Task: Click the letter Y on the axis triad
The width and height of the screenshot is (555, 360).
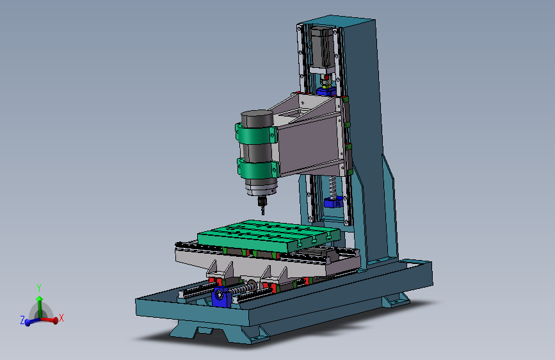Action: coord(39,288)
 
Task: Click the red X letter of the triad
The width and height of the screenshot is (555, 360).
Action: coord(61,318)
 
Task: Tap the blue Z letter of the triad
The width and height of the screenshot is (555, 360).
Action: coord(22,320)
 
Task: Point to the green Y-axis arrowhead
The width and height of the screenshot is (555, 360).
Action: coord(40,299)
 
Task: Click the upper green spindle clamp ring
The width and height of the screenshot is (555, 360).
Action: coord(256,134)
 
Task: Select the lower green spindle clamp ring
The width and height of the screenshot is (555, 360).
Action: coord(258,168)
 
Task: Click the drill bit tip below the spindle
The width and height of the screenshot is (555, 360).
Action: coord(262,214)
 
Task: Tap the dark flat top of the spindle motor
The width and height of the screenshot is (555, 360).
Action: coord(257,114)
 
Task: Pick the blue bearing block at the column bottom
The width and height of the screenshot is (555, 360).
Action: coord(333,202)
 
